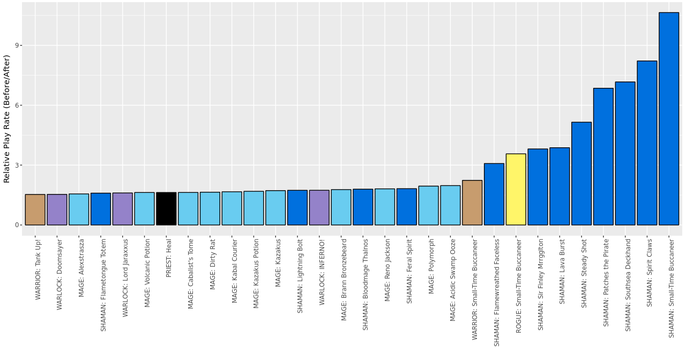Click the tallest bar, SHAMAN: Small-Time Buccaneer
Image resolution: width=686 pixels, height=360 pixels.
pyautogui.click(x=668, y=118)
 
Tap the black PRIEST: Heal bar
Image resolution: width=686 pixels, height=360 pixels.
pyautogui.click(x=166, y=208)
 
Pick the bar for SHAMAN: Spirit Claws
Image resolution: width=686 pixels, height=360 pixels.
pyautogui.click(x=647, y=142)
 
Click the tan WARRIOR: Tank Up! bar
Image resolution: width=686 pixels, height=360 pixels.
pyautogui.click(x=35, y=209)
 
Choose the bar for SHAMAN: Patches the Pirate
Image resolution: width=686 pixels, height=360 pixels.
pyautogui.click(x=603, y=156)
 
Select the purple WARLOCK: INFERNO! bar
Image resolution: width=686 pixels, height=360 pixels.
pyautogui.click(x=319, y=207)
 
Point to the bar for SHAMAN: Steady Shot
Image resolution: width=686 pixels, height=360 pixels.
pyautogui.click(x=581, y=173)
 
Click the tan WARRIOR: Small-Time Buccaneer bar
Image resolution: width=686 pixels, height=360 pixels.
pyautogui.click(x=472, y=202)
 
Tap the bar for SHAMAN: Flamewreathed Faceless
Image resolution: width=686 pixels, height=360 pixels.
pyautogui.click(x=494, y=194)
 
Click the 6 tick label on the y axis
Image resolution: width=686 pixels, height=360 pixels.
pyautogui.click(x=17, y=106)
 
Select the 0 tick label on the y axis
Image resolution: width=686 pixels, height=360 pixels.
pyautogui.click(x=17, y=225)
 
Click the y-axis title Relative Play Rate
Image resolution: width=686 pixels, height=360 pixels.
pyautogui.click(x=7, y=118)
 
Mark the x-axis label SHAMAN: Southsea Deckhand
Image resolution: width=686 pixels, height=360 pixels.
pyautogui.click(x=628, y=285)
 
